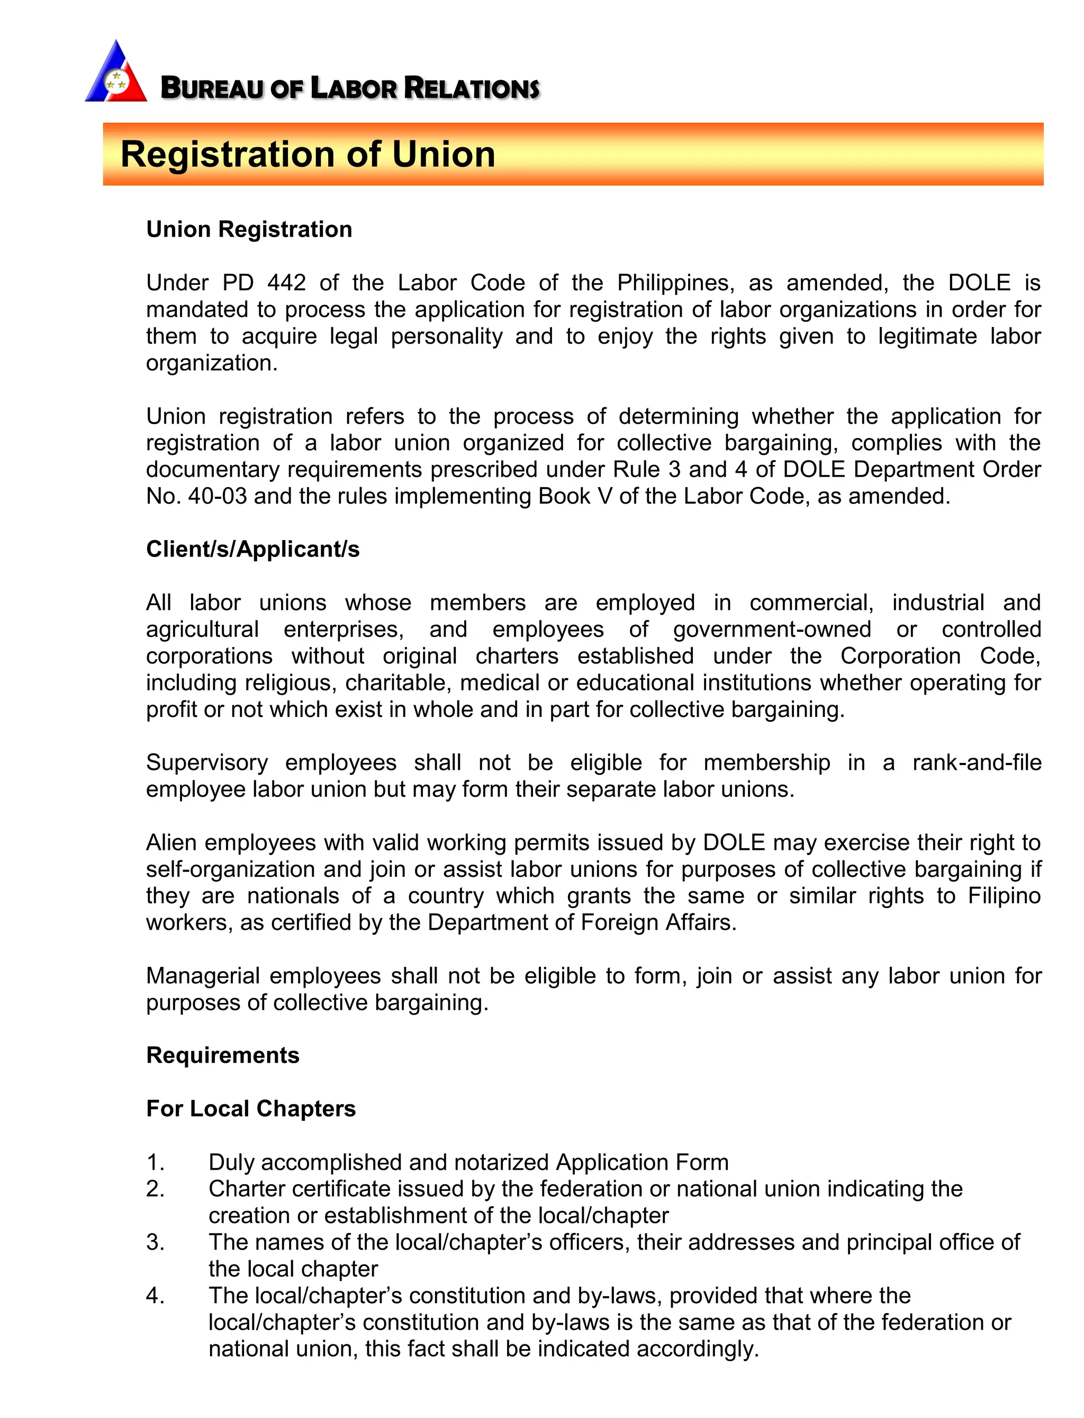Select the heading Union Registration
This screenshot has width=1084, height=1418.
(249, 230)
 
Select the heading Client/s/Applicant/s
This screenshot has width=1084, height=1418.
(253, 549)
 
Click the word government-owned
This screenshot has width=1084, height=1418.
(772, 629)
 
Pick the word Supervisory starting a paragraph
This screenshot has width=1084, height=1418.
(206, 763)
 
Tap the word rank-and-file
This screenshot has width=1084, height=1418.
(976, 763)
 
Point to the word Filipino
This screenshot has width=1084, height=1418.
(1004, 896)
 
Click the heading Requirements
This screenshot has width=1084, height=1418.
(223, 1055)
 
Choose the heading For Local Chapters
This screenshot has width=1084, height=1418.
(251, 1109)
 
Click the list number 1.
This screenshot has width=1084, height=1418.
(155, 1162)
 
